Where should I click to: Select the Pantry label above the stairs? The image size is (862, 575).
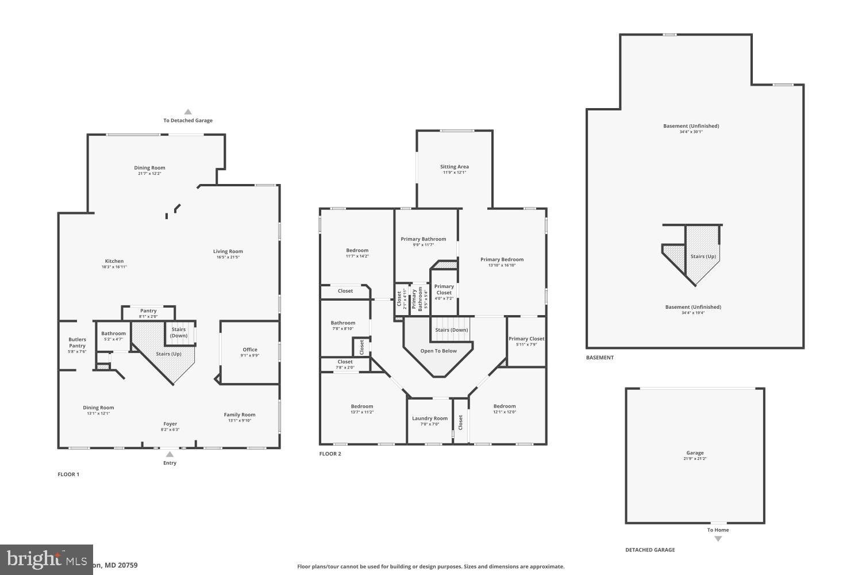[x=148, y=311]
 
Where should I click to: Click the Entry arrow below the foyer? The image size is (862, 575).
[x=170, y=454]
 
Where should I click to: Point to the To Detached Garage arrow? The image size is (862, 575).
[x=187, y=112]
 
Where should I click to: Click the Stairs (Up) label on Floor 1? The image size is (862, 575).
[x=168, y=354]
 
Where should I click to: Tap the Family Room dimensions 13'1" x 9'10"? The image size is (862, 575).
[x=240, y=420]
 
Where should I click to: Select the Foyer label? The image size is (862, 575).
[x=170, y=424]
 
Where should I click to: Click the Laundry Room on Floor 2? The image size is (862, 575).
[x=430, y=419]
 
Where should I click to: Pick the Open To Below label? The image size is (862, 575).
[x=438, y=351]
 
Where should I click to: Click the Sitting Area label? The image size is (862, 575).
[x=455, y=167]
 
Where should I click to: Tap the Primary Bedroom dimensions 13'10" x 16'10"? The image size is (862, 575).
[x=502, y=265]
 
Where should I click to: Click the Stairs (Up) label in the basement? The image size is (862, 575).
[x=703, y=256]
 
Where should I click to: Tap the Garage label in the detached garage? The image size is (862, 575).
[x=695, y=453]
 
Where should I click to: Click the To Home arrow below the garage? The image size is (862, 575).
[x=718, y=538]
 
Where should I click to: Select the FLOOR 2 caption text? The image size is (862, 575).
[x=330, y=454]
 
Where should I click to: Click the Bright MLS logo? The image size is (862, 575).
[x=46, y=559]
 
